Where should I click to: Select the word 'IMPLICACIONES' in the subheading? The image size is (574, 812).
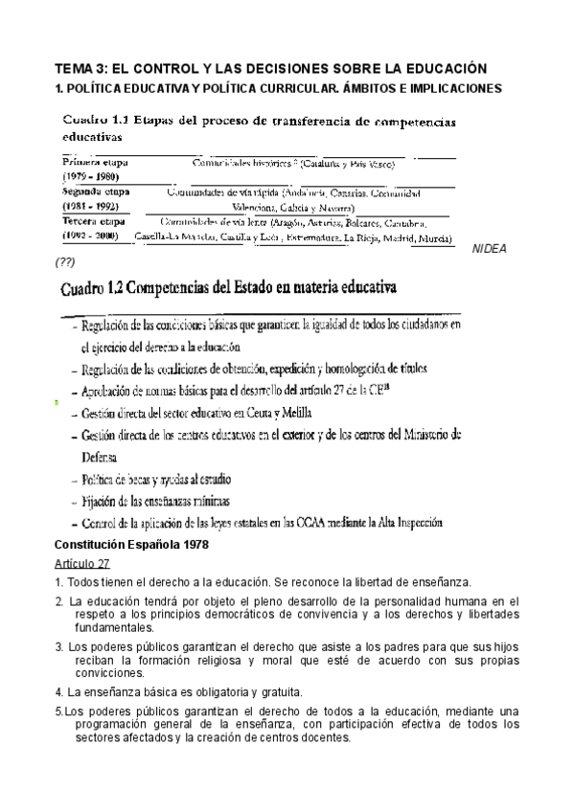451,88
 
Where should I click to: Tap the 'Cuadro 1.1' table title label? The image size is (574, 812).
96,122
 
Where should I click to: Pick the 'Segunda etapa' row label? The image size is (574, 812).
97,192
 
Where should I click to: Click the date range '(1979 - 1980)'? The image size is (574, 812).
91,178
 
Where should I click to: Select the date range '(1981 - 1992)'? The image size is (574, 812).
91,206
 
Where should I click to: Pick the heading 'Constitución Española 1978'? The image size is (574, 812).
139,545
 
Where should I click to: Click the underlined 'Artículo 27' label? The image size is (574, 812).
83,563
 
